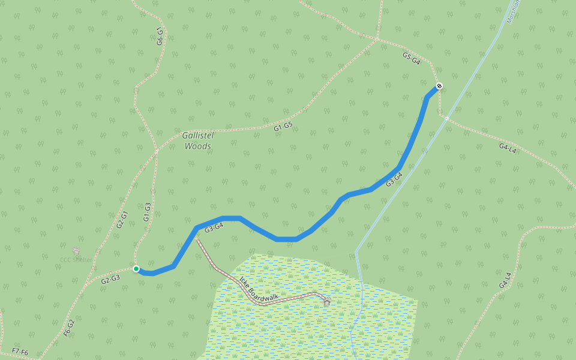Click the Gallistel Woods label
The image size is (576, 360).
(197, 140)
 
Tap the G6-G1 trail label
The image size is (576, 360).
(160, 36)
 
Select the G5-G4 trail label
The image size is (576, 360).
(411, 58)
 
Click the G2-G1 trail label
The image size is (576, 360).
(122, 219)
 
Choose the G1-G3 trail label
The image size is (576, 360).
(147, 212)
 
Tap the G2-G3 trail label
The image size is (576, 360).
(110, 279)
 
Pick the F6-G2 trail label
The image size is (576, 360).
(69, 327)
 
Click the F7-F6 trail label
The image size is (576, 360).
(20, 352)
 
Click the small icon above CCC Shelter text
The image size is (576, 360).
(76, 250)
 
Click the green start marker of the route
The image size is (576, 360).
(136, 269)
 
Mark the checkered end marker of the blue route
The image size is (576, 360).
(439, 86)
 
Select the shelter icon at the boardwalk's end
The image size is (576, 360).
(327, 299)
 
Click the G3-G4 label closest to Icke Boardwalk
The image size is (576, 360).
(214, 228)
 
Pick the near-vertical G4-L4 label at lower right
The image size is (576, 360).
(505, 280)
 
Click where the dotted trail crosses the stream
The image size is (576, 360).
(446, 118)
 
